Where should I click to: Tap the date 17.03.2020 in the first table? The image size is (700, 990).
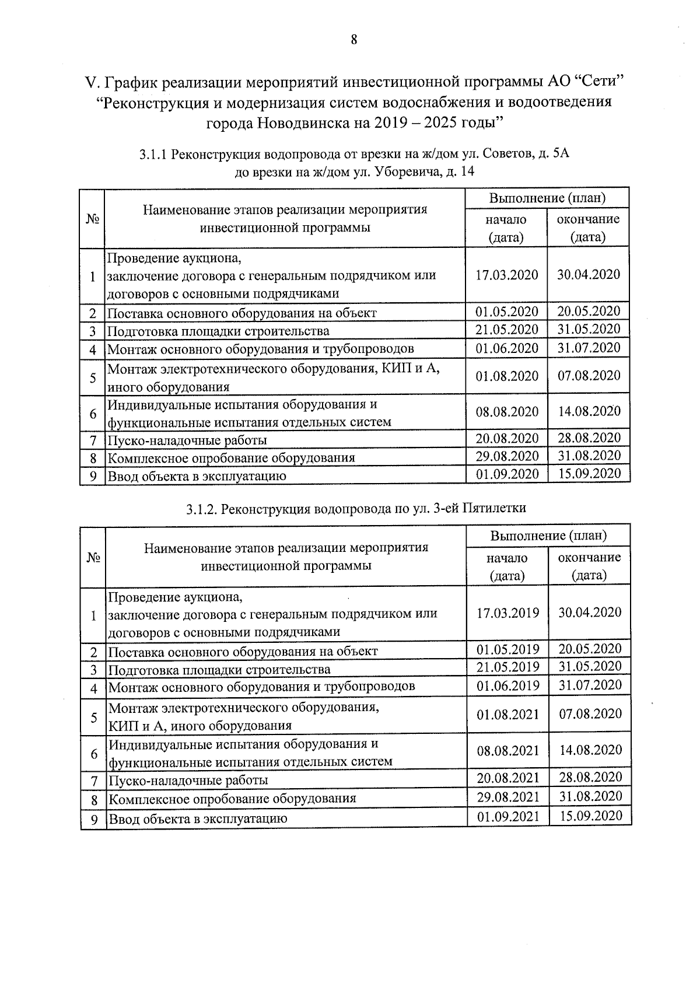506,275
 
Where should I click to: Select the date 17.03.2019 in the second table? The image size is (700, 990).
508,613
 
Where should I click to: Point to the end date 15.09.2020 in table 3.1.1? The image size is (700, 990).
589,473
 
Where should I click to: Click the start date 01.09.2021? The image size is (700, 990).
508,817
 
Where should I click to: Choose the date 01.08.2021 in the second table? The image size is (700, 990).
508,714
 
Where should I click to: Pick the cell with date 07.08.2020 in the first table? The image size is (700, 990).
589,375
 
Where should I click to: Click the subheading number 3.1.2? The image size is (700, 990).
202,509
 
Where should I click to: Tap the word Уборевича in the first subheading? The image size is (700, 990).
403,172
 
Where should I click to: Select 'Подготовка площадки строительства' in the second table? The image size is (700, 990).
219,669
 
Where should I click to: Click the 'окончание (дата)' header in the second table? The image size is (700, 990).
589,566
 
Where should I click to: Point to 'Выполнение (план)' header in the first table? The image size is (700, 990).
547,198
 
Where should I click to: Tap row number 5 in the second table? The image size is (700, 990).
93,717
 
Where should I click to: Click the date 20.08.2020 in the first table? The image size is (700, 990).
506,438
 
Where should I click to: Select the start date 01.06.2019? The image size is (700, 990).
508,685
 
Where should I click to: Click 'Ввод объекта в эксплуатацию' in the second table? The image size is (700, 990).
198,818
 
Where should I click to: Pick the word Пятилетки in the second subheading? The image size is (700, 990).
494,508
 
